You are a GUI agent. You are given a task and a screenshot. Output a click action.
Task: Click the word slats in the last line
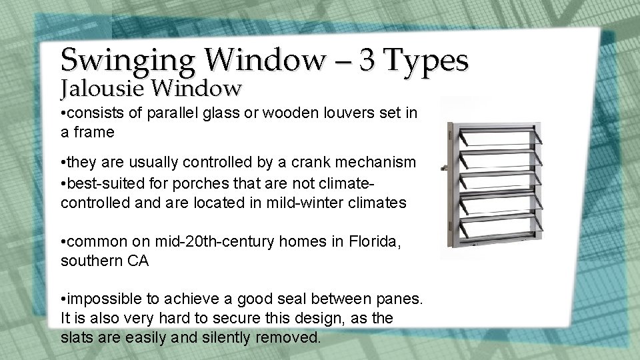click(x=76, y=338)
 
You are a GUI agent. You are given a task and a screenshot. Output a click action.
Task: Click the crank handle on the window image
click(x=442, y=169)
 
